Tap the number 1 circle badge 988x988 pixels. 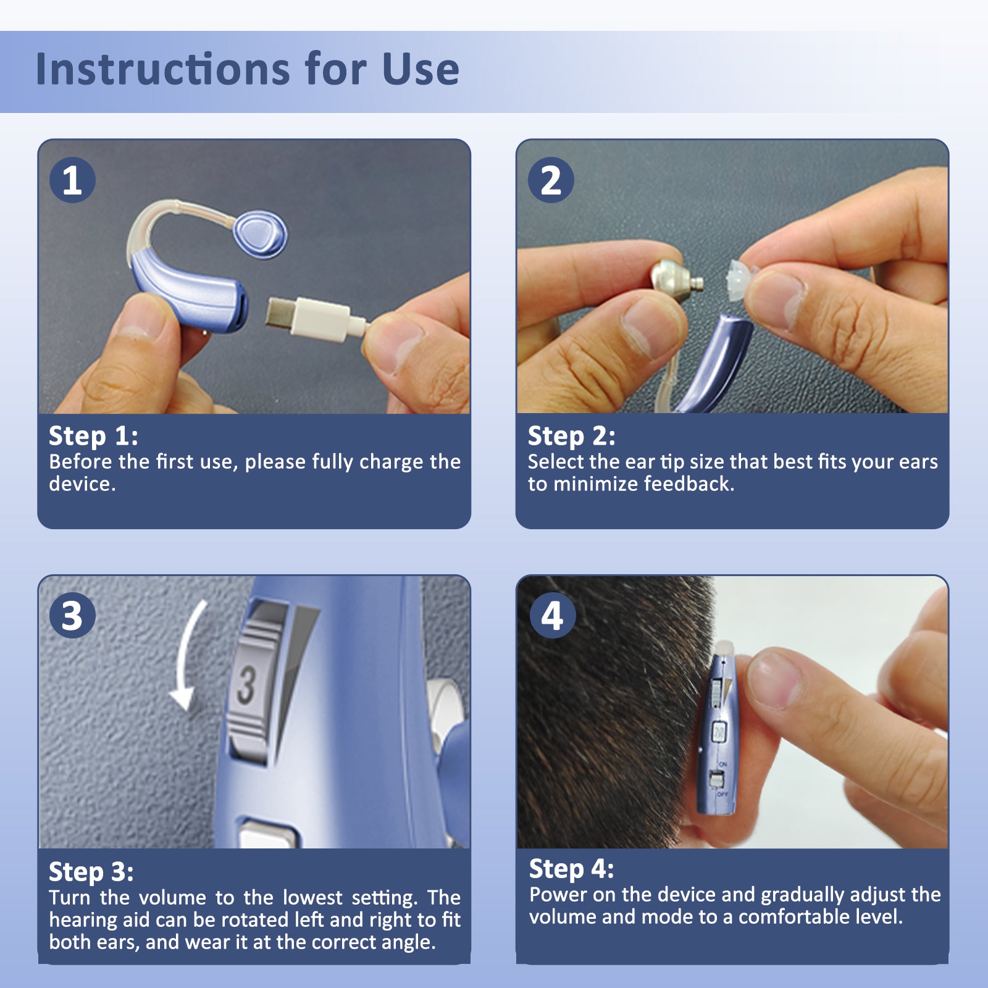coord(72,180)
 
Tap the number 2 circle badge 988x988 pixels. coord(551,180)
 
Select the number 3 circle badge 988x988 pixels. coord(72,616)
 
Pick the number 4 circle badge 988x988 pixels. coord(552,616)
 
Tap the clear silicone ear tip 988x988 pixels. coord(737,282)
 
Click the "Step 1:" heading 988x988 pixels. coord(93,437)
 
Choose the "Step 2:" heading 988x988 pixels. coord(571,437)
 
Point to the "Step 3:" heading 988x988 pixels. coord(91,872)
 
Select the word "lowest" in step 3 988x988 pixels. coord(312,897)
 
